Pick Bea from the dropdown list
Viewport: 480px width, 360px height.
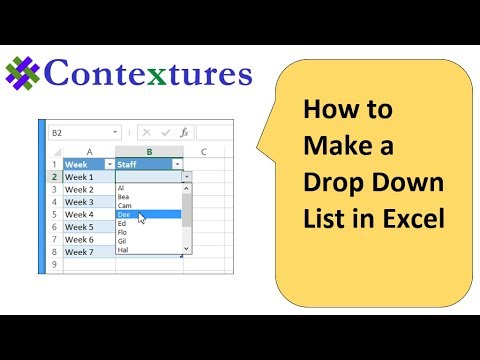(123, 197)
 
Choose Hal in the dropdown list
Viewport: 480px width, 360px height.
(123, 250)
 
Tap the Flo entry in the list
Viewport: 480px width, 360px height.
(123, 232)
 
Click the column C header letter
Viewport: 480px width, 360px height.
(204, 151)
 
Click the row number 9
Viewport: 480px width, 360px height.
(53, 265)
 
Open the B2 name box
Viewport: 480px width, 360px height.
(80, 132)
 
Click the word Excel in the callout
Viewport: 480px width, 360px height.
(412, 219)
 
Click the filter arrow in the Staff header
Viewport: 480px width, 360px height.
(177, 164)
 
